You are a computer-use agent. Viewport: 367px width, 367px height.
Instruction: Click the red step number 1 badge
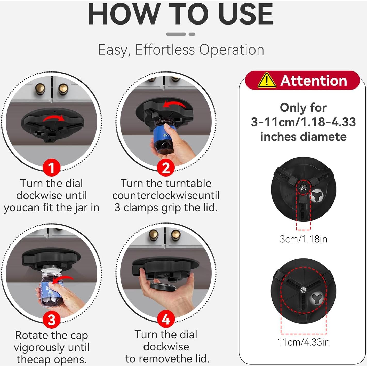tap(51, 168)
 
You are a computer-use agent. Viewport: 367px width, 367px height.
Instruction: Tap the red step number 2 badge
tap(165, 168)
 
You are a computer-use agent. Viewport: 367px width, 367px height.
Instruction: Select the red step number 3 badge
tap(51, 320)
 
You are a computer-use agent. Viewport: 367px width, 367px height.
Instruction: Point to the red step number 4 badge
tap(165, 320)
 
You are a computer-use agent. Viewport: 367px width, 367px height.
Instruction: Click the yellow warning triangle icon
tap(267, 81)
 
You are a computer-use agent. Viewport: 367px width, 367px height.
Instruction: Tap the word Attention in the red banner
tap(314, 81)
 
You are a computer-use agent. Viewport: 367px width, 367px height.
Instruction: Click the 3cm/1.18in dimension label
tap(304, 239)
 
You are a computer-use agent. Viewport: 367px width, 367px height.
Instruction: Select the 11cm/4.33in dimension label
tap(304, 342)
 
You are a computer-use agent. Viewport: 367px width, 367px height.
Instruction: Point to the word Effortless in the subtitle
tap(165, 50)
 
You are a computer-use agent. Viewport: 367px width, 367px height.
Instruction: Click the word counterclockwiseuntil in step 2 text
tap(166, 196)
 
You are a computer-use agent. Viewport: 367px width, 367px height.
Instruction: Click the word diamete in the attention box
tap(304, 137)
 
